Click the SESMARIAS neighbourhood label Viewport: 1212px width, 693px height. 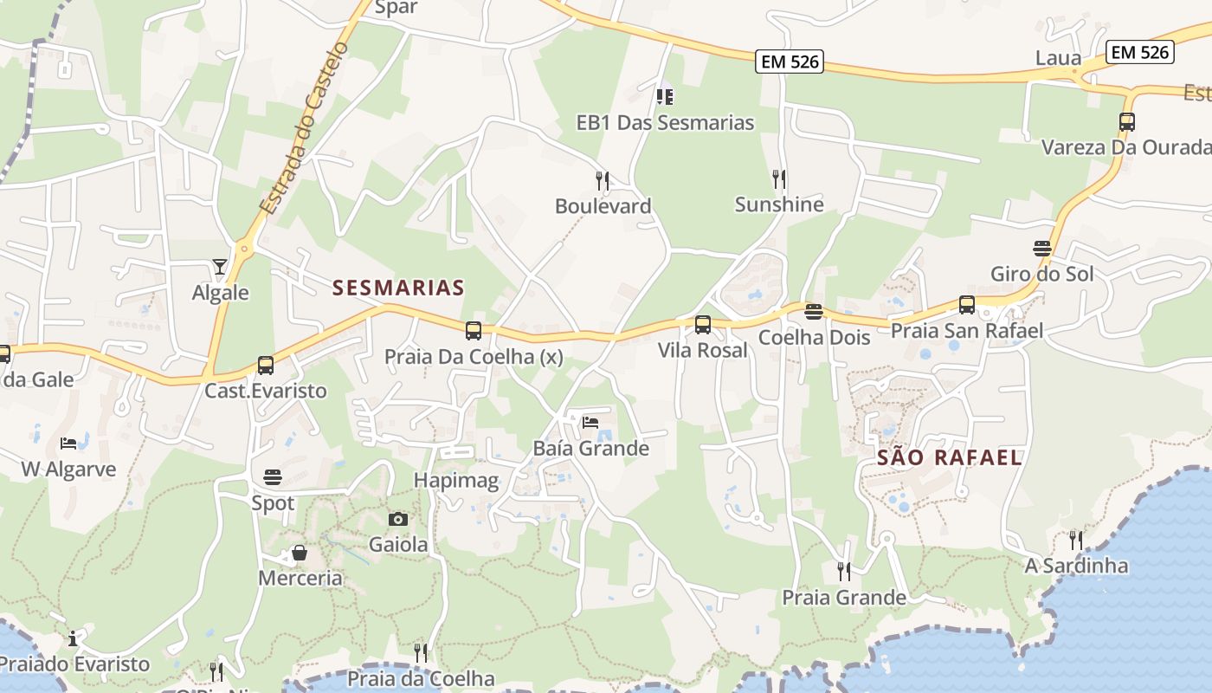398,288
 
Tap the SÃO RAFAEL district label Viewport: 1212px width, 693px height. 950,457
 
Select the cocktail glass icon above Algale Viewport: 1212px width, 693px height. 220,267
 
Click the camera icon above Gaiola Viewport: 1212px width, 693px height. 398,519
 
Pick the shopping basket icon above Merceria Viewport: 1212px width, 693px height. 300,553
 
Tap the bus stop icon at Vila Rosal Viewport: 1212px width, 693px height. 703,325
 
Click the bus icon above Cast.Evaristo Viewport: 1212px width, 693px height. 266,366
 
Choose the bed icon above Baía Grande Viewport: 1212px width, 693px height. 590,423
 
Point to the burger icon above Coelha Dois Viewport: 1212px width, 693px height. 813,312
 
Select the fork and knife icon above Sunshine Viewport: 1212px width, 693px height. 779,178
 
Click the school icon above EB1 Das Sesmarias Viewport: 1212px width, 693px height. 665,96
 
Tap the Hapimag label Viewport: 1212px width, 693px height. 456,481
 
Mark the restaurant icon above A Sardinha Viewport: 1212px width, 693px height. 1076,541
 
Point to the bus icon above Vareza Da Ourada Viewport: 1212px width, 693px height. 1126,122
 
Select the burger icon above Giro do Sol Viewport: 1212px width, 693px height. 1042,249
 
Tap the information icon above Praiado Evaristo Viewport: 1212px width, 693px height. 74,639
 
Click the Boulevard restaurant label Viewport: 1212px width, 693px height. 603,206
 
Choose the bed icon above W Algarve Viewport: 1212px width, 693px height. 68,444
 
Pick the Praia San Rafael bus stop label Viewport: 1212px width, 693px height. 967,331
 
